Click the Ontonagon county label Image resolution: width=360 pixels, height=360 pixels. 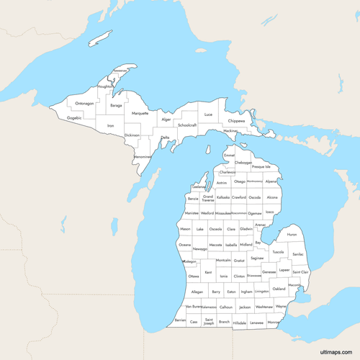(84, 103)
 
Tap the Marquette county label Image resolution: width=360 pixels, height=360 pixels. (140, 113)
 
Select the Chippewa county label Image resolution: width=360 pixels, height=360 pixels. (236, 121)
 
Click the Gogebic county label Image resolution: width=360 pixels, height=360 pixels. (74, 117)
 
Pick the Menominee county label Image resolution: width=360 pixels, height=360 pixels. (143, 156)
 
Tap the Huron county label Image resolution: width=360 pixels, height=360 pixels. (292, 235)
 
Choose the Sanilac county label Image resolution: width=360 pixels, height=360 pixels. (298, 254)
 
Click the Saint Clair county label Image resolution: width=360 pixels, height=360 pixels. (300, 272)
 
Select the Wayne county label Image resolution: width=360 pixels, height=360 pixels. (281, 307)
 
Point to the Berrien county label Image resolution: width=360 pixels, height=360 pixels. (180, 320)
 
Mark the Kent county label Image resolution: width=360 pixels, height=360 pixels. (208, 273)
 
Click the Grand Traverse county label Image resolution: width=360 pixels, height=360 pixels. (208, 198)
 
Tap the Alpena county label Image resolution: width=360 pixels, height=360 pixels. (271, 182)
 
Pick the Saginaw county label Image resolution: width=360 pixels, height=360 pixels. (258, 257)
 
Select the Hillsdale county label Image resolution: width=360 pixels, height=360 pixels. (240, 323)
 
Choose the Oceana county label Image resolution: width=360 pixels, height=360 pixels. (185, 245)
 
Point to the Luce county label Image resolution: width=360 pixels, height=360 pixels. (209, 114)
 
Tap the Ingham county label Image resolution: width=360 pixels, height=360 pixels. (246, 292)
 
